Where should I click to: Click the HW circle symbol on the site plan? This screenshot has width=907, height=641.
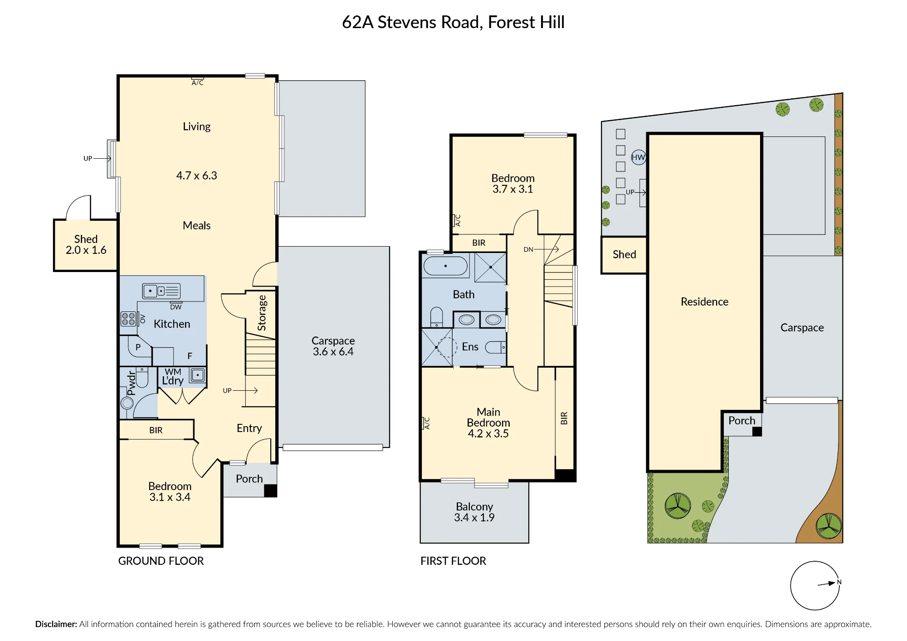(638, 157)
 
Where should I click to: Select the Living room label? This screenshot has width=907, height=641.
(197, 126)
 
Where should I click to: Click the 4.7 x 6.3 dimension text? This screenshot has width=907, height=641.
(197, 175)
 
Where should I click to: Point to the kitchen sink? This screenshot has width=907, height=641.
(161, 291)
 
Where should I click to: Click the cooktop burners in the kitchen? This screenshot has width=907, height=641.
(128, 319)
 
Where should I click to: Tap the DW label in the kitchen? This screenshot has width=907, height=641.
(176, 307)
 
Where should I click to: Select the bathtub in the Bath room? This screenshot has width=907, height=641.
(445, 266)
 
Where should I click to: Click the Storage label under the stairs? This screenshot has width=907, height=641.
(262, 313)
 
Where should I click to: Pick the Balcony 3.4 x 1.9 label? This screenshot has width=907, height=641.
(474, 512)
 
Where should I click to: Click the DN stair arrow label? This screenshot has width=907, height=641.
(528, 249)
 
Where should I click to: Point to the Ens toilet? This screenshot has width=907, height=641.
(496, 347)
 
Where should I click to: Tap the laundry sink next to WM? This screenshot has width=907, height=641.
(198, 375)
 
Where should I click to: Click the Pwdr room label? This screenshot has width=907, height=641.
(131, 384)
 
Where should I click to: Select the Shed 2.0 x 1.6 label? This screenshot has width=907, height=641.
(86, 244)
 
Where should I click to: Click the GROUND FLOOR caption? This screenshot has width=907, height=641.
(161, 561)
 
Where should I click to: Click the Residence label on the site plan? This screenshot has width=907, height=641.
(705, 301)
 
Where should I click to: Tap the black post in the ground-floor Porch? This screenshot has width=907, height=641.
(270, 491)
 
